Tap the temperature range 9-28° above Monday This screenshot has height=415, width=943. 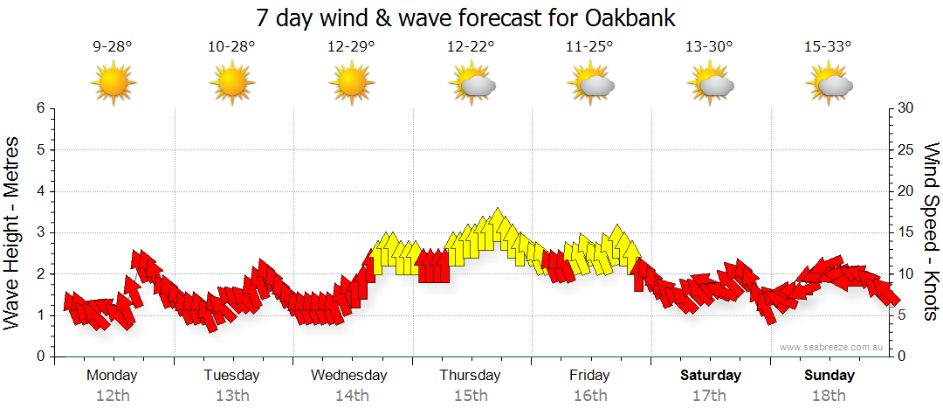[113, 47]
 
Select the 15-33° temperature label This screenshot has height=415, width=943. [829, 47]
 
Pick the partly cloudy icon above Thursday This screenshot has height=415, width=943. [471, 84]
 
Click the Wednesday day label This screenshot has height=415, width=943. [349, 376]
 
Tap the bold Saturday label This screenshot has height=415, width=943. [711, 376]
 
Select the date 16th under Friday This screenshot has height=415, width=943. [590, 396]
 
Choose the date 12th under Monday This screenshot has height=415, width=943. [113, 396]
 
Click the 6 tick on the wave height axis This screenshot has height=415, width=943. [39, 108]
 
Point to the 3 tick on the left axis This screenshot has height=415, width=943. [39, 232]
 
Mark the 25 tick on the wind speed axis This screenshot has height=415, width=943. [906, 149]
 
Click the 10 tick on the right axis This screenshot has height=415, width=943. [906, 273]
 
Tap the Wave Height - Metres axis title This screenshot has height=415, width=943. [13, 232]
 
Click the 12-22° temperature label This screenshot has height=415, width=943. [471, 47]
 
